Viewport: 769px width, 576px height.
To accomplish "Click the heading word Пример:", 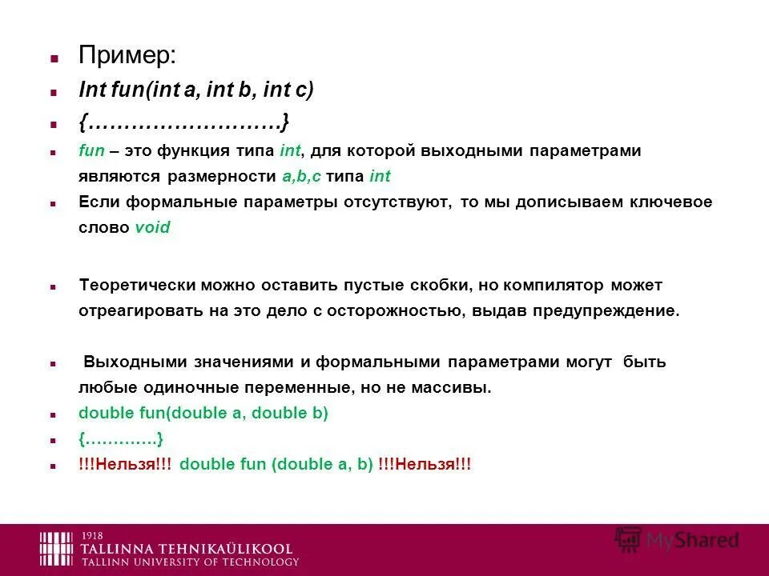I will tap(127, 57).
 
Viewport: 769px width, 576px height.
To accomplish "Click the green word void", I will tap(152, 227).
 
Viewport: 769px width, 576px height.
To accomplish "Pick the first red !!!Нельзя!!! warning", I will tap(125, 465).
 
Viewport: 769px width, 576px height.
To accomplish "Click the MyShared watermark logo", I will tap(677, 540).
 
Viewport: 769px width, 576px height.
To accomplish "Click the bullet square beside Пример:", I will tap(54, 59).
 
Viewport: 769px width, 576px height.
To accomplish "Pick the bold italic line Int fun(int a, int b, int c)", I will tap(196, 90).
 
